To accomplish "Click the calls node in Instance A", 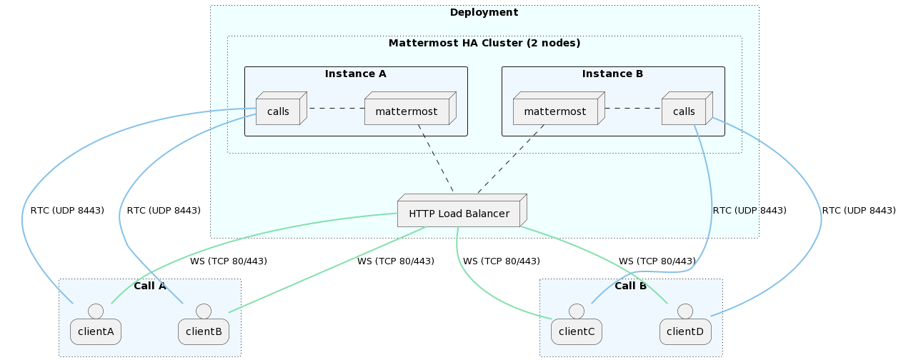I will [278, 111].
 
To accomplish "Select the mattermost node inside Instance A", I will [407, 111].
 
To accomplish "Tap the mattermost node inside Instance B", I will [555, 111].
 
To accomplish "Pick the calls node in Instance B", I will [684, 111].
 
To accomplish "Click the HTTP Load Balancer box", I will [459, 214].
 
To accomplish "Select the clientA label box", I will [96, 331].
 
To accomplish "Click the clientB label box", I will [204, 331].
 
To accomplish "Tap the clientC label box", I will [577, 331].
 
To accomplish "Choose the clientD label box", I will [685, 331].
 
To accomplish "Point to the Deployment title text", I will [484, 12].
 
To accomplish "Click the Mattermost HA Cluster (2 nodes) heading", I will [484, 43].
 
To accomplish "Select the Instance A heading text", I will [356, 74].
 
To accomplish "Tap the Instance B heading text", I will [612, 74].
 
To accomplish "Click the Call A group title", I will [150, 286].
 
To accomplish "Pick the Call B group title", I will [630, 286].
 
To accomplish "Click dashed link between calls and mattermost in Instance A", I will [336, 109].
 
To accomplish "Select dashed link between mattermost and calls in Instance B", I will [633, 109].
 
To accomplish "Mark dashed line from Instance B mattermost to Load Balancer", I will [511, 159].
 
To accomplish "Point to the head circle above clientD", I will [685, 311].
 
